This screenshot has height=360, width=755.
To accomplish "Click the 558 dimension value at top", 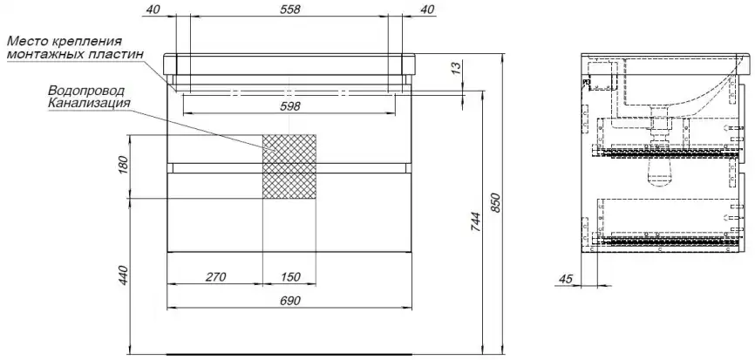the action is click(289, 9).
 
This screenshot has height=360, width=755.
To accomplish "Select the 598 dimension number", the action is click(289, 106).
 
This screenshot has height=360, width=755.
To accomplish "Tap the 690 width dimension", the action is click(289, 301).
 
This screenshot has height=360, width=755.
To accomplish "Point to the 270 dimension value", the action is click(215, 276).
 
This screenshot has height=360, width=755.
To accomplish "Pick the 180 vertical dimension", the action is click(123, 166).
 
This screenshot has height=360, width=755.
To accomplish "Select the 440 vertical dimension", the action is click(123, 275).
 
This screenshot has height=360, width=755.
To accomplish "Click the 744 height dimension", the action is click(475, 222).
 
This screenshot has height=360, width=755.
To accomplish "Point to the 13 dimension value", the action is click(457, 67).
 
